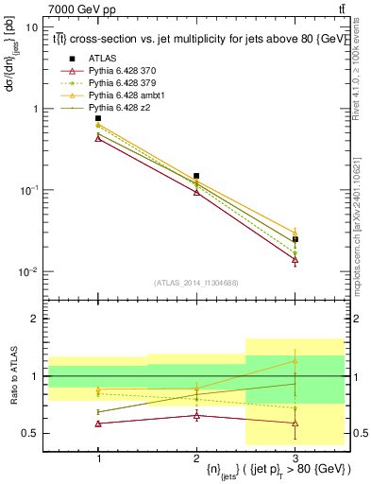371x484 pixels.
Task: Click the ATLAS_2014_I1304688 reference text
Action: tap(196, 283)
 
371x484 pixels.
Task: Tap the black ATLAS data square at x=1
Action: tap(98, 118)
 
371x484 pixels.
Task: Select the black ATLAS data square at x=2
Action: tap(196, 176)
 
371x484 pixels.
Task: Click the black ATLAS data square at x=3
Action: tap(295, 239)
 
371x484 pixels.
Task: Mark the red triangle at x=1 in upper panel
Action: tap(98, 138)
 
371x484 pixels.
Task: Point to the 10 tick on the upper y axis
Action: tap(32, 27)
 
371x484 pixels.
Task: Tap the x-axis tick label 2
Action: tap(196, 457)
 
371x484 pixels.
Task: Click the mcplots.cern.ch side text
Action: tap(362, 208)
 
